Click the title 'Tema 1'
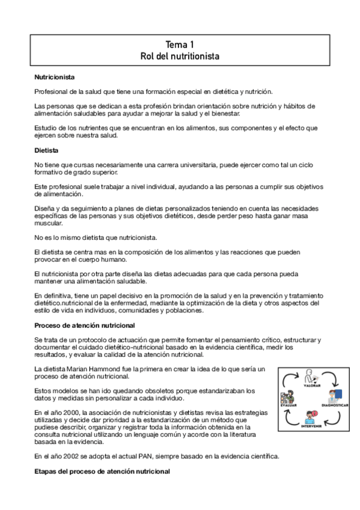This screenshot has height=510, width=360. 180,45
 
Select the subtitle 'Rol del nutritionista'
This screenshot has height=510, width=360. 180,57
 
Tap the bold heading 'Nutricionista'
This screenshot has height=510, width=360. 55,78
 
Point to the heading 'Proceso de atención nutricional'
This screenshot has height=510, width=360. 85,325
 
